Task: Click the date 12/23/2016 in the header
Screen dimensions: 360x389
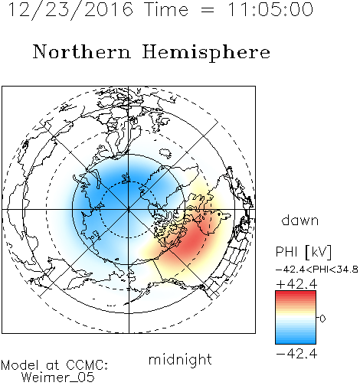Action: click(70, 10)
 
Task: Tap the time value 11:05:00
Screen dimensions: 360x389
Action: click(270, 9)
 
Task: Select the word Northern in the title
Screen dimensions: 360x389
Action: click(82, 52)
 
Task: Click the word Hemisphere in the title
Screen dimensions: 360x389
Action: click(206, 53)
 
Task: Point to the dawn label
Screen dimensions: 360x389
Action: click(300, 220)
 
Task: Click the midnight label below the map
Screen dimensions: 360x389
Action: click(180, 360)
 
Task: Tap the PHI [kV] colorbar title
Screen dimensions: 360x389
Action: click(303, 252)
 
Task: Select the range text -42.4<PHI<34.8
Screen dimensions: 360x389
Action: click(316, 270)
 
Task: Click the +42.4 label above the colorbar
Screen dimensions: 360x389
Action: click(296, 284)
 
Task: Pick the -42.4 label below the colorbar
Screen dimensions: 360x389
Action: click(296, 354)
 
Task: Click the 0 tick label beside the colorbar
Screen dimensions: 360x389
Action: click(322, 319)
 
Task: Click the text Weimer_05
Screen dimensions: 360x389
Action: click(58, 378)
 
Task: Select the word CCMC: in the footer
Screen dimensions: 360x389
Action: click(87, 365)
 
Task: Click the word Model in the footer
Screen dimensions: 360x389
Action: click(20, 365)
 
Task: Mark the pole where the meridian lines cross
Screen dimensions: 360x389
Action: click(129, 210)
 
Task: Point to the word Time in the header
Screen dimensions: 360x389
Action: click(166, 9)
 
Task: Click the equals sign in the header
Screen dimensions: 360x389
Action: click(208, 10)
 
